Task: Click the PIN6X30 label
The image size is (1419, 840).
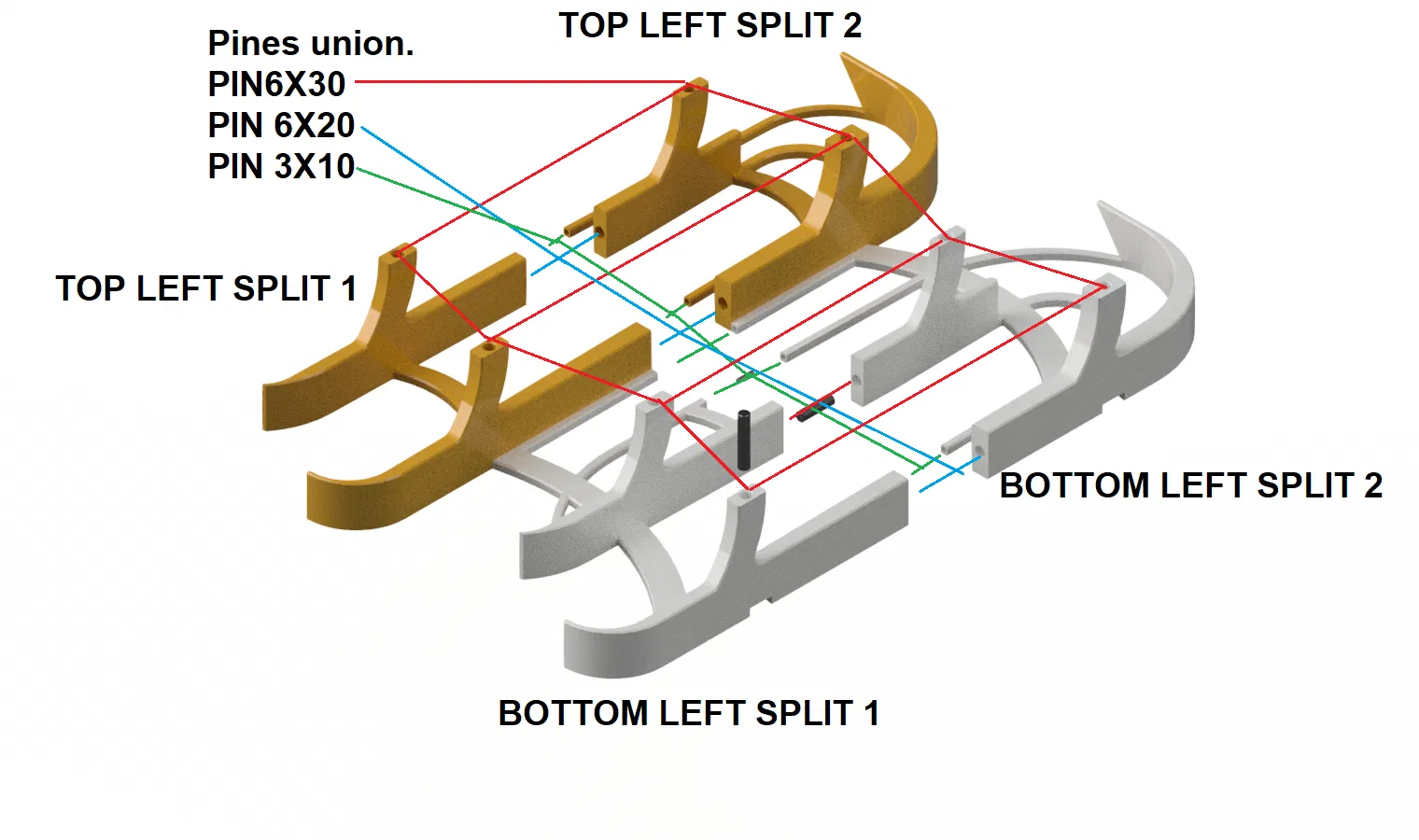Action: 276,84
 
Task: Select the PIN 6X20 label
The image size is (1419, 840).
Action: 281,125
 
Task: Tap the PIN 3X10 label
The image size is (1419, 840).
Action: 281,166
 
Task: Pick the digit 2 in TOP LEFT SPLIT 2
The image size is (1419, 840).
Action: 851,25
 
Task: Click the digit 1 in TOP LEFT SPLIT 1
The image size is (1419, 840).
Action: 348,288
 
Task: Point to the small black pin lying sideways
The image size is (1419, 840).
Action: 815,408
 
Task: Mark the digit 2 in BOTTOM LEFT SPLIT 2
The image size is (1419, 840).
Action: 1372,485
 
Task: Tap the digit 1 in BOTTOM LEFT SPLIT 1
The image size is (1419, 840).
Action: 871,713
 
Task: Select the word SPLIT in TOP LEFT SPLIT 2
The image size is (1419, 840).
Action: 784,25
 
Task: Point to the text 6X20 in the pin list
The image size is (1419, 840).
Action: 315,125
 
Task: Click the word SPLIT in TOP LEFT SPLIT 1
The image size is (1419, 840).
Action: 281,288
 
